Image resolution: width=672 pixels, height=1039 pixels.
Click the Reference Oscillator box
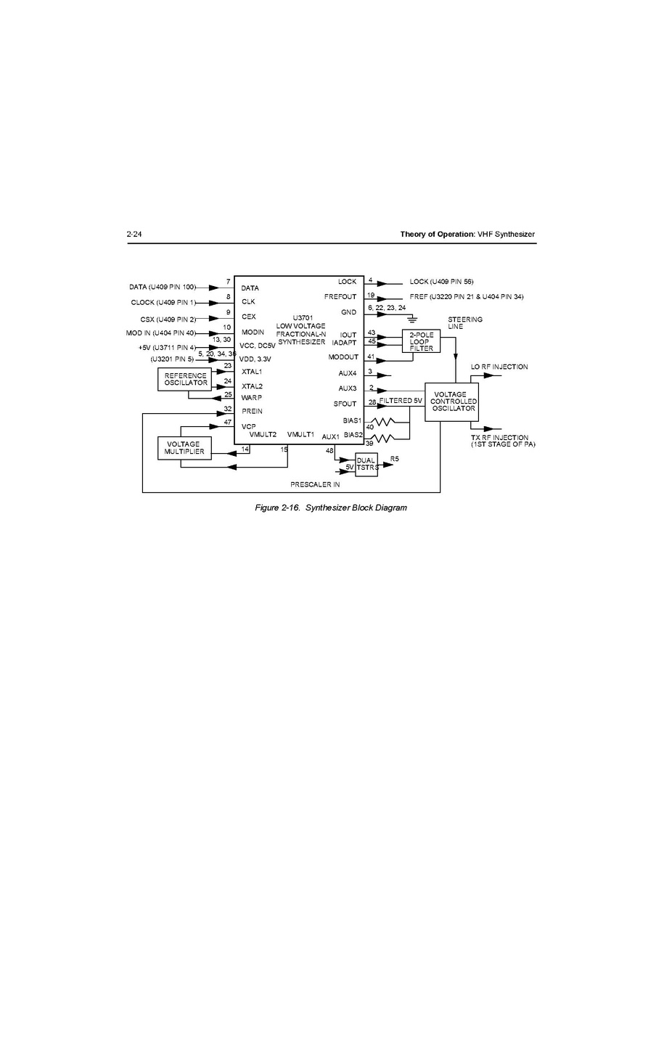[186, 379]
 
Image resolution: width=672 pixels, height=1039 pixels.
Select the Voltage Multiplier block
[184, 448]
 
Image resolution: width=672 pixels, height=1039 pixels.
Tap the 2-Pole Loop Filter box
[421, 341]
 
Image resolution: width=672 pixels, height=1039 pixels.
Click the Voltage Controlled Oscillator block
[451, 402]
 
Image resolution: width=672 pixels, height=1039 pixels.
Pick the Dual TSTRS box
[366, 465]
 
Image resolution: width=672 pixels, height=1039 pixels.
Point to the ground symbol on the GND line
[412, 319]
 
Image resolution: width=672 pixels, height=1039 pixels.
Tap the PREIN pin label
[252, 411]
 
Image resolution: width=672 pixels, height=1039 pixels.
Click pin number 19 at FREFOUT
[371, 296]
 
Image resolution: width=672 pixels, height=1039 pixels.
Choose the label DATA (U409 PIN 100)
[163, 287]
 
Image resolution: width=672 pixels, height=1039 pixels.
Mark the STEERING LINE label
[464, 323]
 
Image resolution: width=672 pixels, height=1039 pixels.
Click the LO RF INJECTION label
[499, 367]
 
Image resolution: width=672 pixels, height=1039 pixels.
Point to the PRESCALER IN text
[315, 484]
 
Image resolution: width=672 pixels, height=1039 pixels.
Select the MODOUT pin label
[343, 357]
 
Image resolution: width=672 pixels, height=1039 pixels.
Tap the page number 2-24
[134, 234]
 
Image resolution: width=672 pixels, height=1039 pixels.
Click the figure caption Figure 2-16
[330, 508]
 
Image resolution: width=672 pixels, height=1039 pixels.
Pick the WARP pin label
[251, 398]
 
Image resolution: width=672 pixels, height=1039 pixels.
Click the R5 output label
[395, 459]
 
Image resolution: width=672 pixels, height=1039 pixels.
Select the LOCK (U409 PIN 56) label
[441, 281]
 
